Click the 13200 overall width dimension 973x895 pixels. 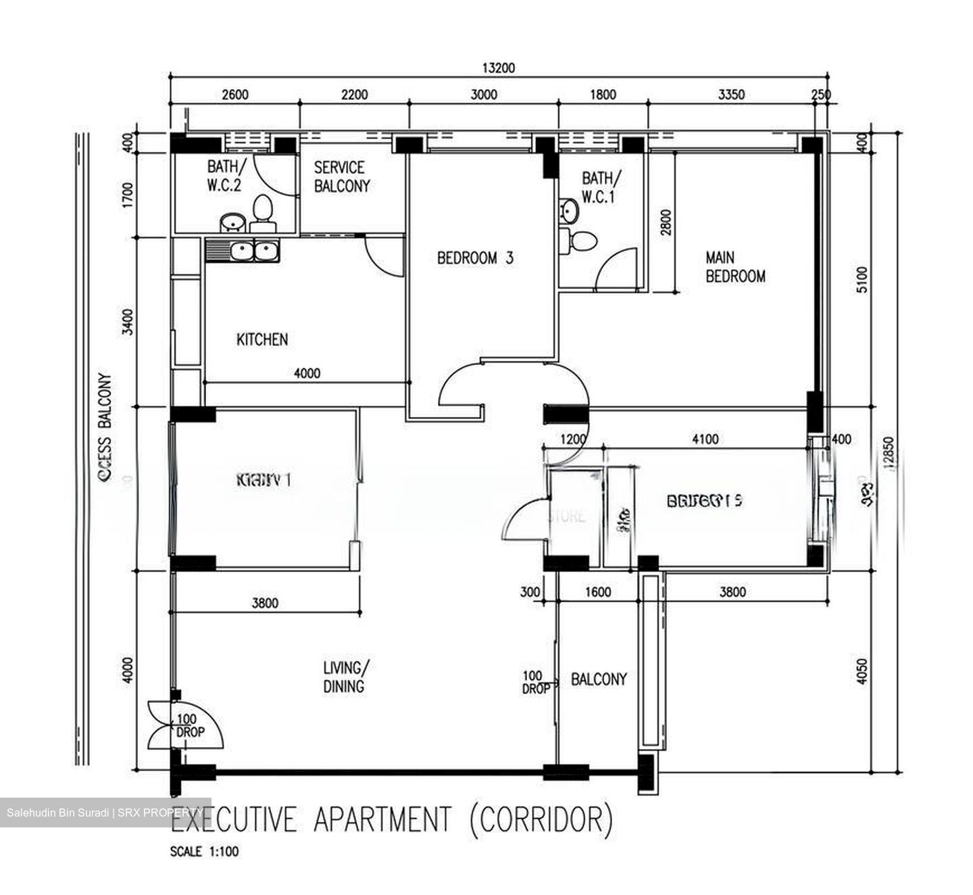pos(498,68)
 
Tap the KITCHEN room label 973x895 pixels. pos(262,339)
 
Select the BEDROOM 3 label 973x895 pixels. pos(475,258)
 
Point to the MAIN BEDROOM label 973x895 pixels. pos(735,267)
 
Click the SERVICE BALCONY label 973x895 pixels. pos(342,176)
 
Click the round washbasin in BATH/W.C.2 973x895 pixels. pos(233,222)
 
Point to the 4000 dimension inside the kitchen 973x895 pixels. pos(307,373)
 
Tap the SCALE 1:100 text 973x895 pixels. pos(204,852)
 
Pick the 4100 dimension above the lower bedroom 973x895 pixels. pos(705,439)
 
